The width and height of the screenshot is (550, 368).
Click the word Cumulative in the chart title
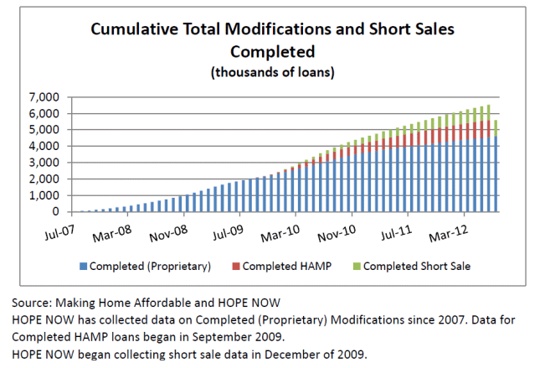click(135, 30)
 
